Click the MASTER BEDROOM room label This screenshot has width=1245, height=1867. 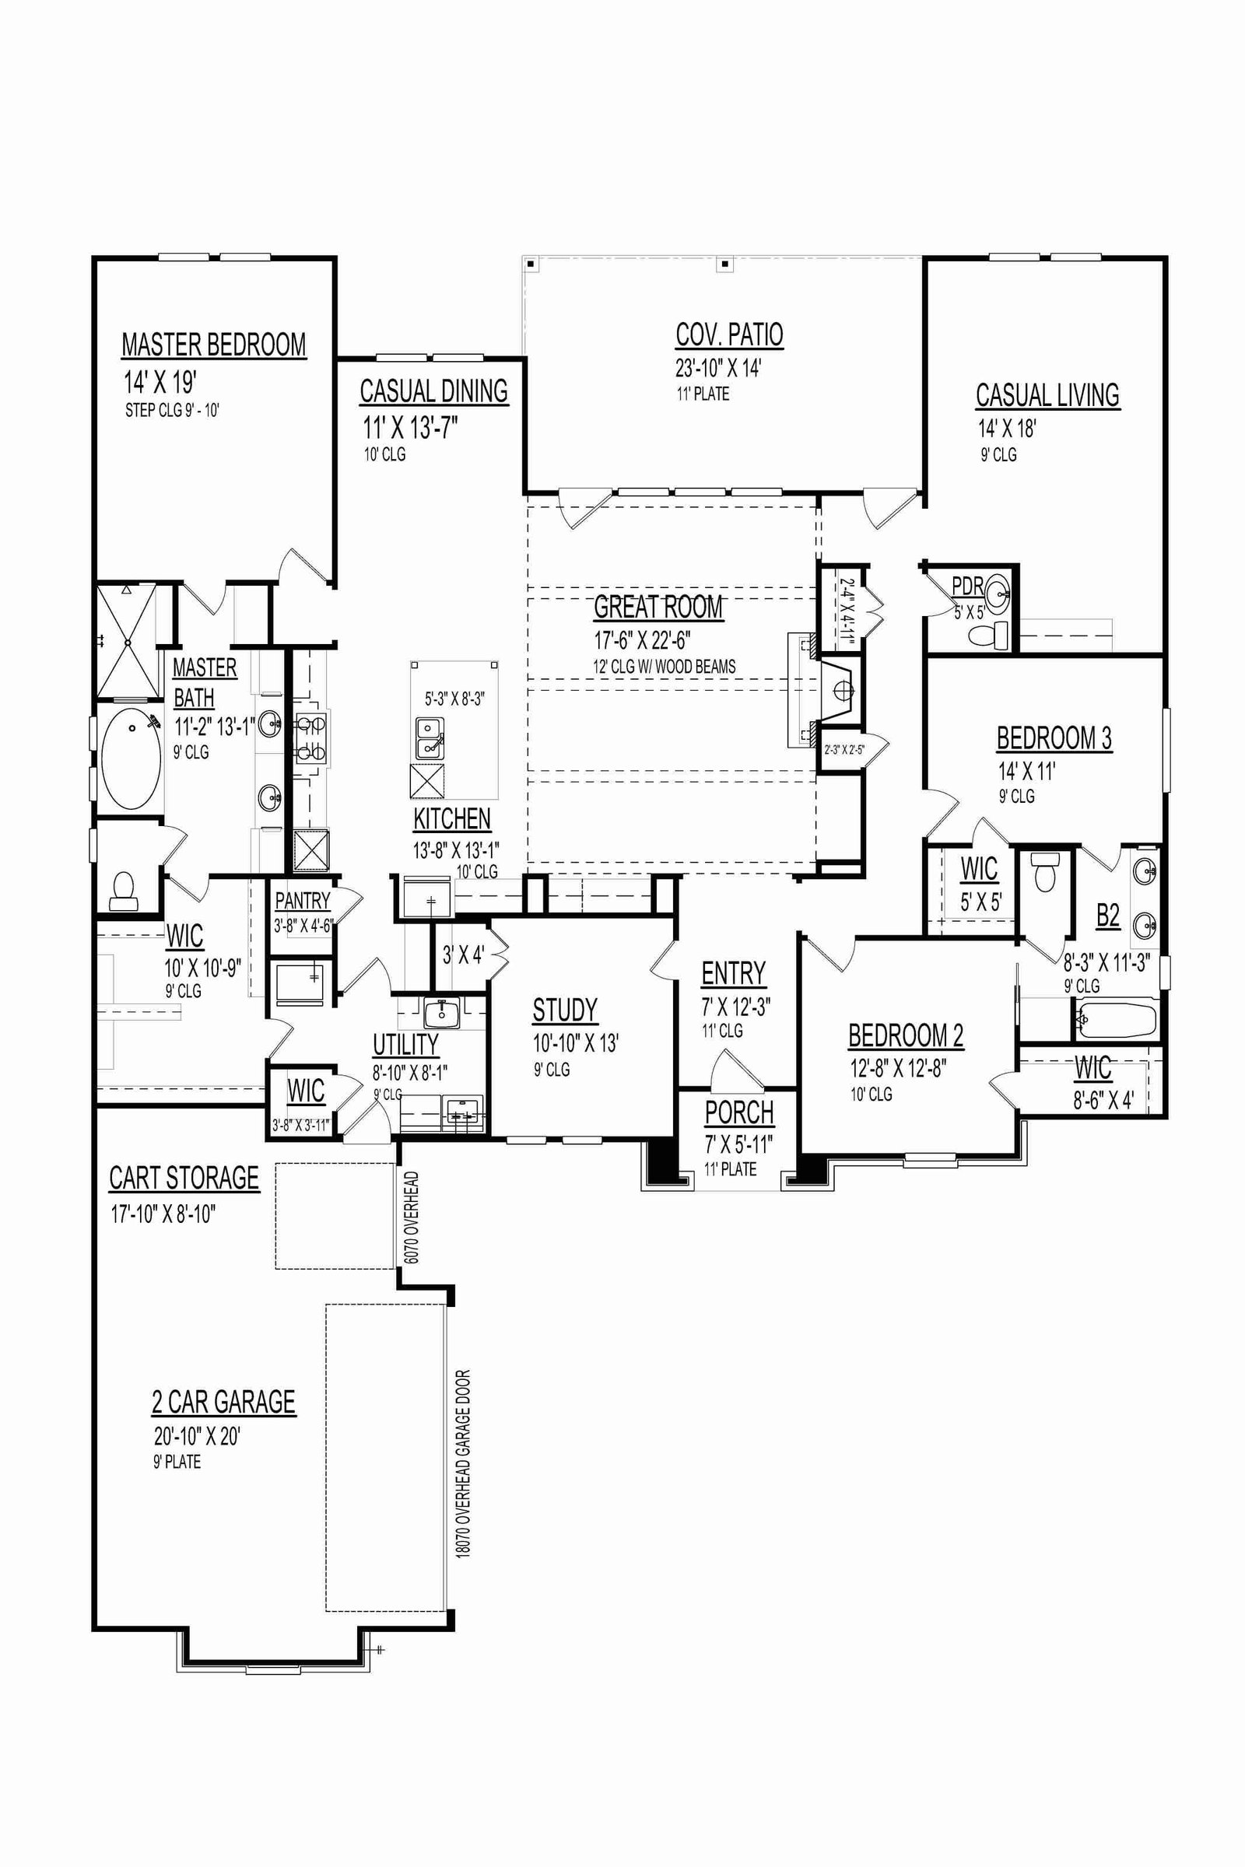tap(213, 345)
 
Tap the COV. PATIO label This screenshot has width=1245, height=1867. tap(729, 335)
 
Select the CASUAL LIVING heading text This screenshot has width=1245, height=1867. tap(1047, 394)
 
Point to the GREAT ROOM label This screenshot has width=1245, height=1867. tap(658, 608)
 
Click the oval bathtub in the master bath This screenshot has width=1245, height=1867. tap(131, 757)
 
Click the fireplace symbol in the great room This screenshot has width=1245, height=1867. tap(838, 690)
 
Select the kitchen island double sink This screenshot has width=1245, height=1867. tap(430, 738)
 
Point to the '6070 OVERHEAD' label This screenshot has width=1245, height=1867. tap(411, 1217)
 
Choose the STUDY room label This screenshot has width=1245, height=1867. tap(565, 1010)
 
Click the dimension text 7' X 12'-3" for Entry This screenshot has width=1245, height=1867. tap(735, 1007)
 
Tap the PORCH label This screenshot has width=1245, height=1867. tap(739, 1113)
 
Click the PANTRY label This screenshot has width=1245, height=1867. tap(303, 901)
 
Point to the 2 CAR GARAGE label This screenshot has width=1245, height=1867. tap(224, 1402)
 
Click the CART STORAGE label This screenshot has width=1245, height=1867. tap(184, 1178)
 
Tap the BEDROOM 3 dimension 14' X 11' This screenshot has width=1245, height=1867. tap(1026, 771)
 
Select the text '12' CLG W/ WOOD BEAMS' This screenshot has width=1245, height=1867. tap(665, 667)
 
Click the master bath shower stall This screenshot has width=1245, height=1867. tap(126, 640)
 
